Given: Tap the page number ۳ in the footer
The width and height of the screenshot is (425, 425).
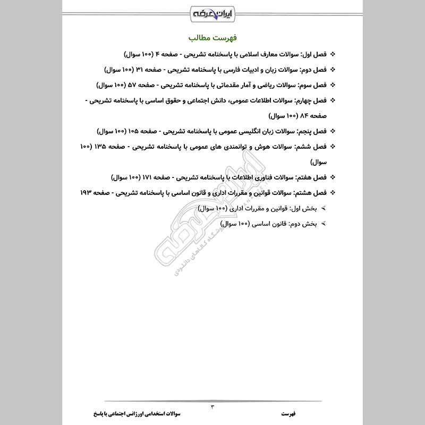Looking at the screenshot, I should [x=212, y=406].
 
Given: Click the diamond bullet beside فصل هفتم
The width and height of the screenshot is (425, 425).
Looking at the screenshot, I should [x=333, y=176].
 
